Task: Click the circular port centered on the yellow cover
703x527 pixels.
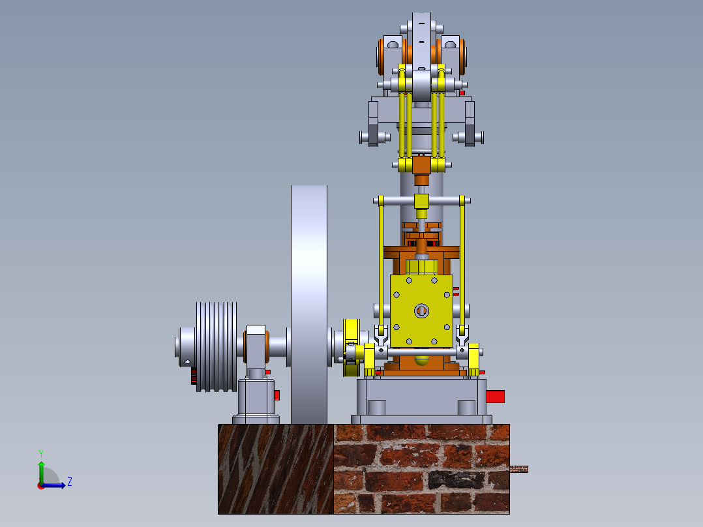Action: point(421,311)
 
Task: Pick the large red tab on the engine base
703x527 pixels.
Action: point(496,396)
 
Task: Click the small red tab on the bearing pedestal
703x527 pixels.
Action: point(277,395)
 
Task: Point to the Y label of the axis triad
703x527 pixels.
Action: point(40,452)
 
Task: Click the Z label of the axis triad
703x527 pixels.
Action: point(69,482)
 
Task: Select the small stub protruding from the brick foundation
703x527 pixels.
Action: point(518,468)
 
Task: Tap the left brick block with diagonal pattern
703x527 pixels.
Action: point(275,468)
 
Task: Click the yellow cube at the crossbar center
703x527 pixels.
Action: point(421,200)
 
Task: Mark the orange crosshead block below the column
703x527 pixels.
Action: point(421,166)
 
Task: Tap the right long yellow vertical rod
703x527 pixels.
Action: point(462,261)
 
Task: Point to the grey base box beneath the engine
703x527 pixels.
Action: point(421,397)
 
